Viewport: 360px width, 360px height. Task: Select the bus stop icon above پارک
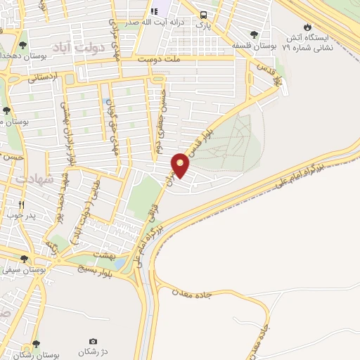(x=203, y=15)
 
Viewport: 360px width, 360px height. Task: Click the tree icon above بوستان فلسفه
(x=254, y=34)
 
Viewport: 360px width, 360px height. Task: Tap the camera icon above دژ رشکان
(x=94, y=342)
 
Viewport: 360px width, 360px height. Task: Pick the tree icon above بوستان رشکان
(x=37, y=345)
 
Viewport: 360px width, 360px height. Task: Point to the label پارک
(x=203, y=26)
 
